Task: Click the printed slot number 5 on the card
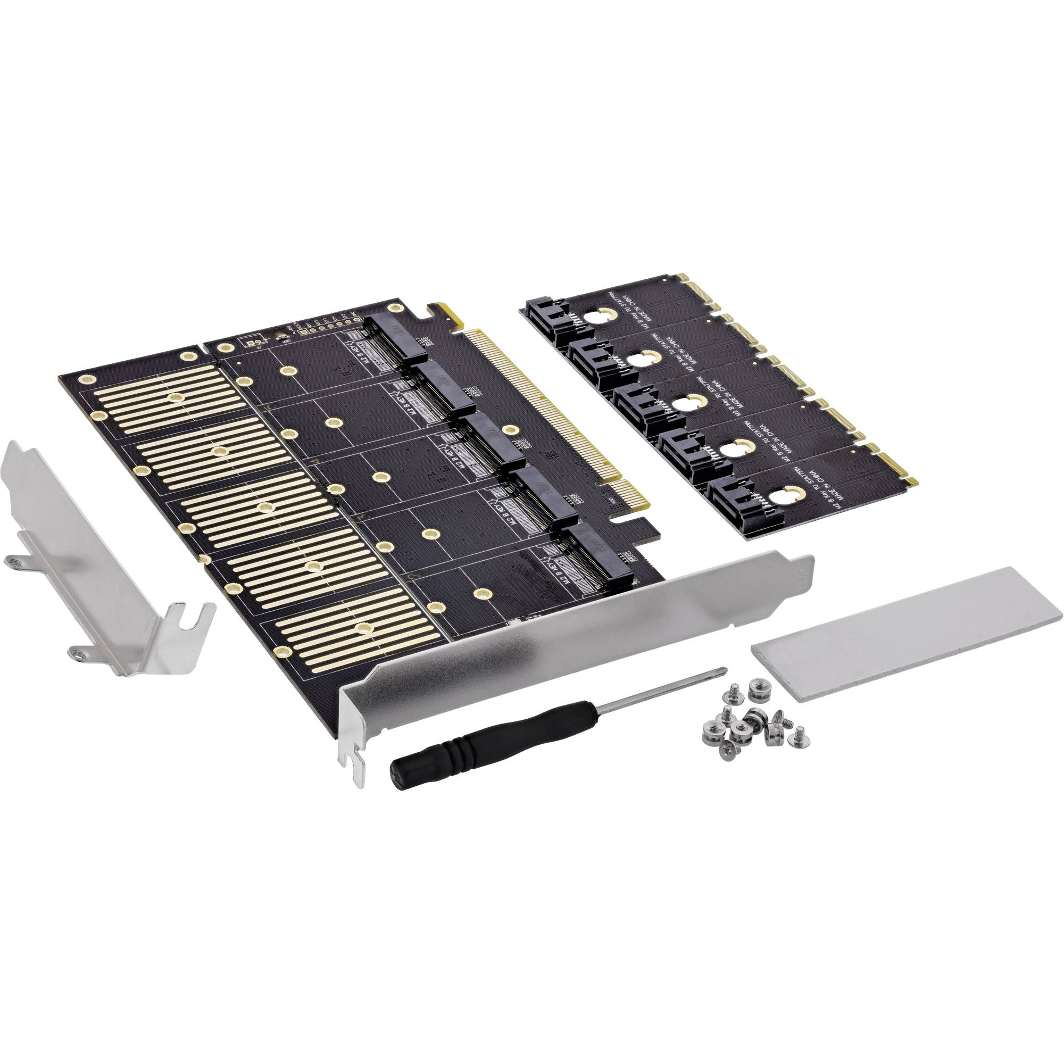268,406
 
